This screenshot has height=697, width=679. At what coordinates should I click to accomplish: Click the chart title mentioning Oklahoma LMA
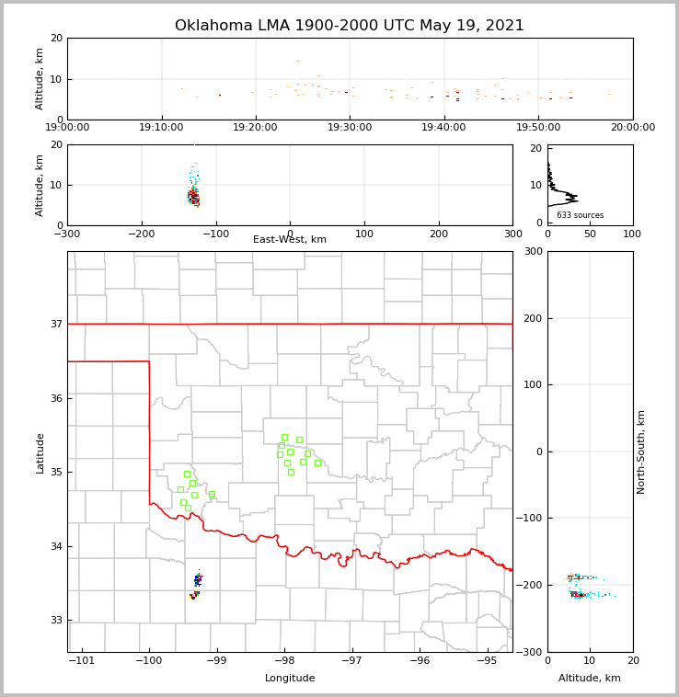click(349, 26)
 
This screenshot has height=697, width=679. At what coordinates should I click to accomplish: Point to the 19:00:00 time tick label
click(67, 128)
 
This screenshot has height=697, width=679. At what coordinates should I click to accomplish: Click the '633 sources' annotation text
click(580, 215)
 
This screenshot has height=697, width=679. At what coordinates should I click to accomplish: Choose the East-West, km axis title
click(289, 240)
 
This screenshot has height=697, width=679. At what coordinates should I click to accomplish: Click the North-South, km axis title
click(641, 451)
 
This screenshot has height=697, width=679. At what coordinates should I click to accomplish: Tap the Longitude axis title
click(290, 679)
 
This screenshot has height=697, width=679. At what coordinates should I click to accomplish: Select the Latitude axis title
click(40, 452)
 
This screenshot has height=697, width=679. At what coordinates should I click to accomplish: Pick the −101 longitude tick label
click(81, 660)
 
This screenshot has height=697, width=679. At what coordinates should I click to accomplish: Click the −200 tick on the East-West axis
click(141, 234)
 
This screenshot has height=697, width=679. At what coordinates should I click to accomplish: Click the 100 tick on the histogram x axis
click(633, 234)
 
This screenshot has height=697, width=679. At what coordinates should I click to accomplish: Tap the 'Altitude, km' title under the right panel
click(589, 679)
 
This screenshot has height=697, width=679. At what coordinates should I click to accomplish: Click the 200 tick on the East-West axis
click(438, 234)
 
